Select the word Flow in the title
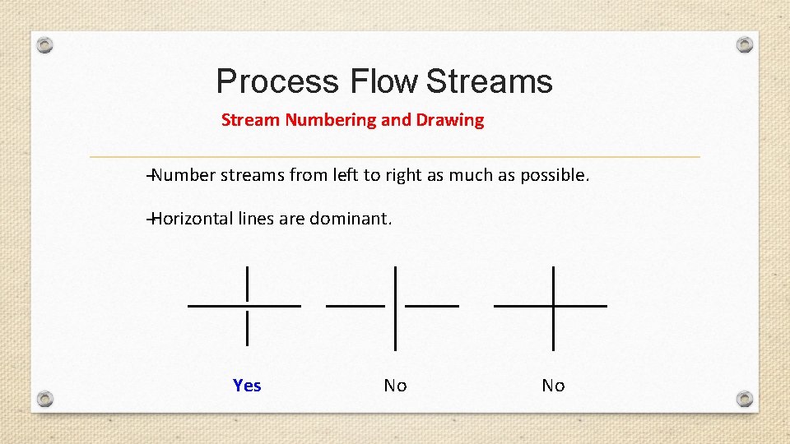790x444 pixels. tap(383, 82)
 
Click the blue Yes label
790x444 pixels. tap(247, 386)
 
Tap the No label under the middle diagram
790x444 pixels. tap(395, 386)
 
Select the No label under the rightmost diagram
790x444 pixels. tap(553, 386)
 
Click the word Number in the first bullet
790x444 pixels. tap(183, 175)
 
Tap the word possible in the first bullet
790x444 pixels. tap(554, 175)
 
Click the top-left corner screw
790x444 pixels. tap(46, 45)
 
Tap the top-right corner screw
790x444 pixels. tap(744, 44)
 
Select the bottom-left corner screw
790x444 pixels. tap(46, 399)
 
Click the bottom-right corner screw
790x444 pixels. tap(744, 399)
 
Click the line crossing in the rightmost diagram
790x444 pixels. tap(553, 306)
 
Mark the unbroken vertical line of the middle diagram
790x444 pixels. tap(396, 307)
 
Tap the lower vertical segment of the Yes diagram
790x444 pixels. tap(248, 328)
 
